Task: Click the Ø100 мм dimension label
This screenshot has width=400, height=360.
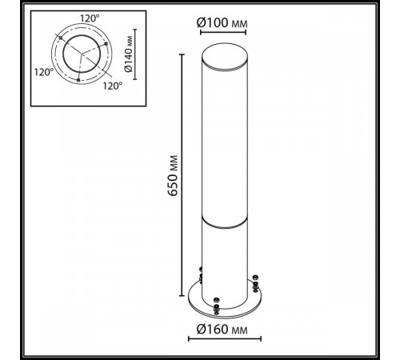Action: pos(222,23)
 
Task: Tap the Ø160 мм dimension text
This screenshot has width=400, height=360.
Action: pos(222,330)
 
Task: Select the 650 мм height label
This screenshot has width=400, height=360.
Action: pos(174,175)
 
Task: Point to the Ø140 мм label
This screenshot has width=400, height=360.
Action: pos(128,54)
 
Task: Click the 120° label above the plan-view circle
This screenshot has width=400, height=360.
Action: pos(90,18)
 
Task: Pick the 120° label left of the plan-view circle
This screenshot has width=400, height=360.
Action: pos(44,72)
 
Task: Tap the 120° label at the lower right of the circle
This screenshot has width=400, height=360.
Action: pos(113,86)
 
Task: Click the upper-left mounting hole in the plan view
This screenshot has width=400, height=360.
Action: pos(61,38)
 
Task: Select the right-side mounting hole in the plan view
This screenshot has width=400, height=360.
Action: pos(106,43)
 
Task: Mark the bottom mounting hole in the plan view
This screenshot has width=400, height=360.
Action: pos(78,80)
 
